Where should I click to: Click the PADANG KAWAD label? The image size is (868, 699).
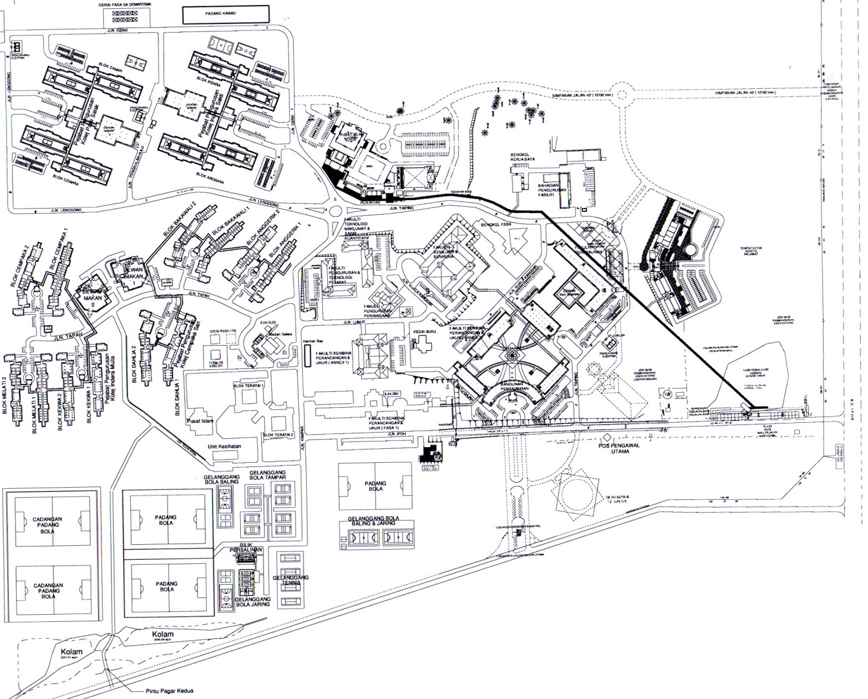pyautogui.click(x=225, y=14)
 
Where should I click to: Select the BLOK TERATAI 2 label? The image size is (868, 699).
pyautogui.click(x=278, y=434)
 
